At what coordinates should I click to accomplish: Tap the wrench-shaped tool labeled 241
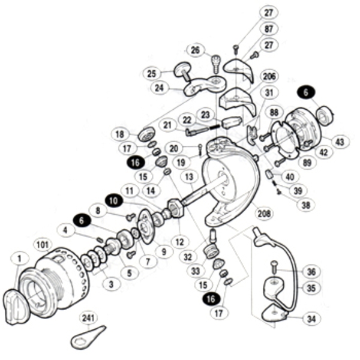(85, 337)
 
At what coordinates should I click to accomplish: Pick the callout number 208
(262, 213)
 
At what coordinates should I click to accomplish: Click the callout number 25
(151, 73)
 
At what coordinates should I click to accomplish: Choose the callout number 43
(340, 142)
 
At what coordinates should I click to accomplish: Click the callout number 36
(310, 271)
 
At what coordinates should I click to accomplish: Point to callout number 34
(310, 319)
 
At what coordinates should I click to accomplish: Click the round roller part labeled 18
(146, 135)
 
